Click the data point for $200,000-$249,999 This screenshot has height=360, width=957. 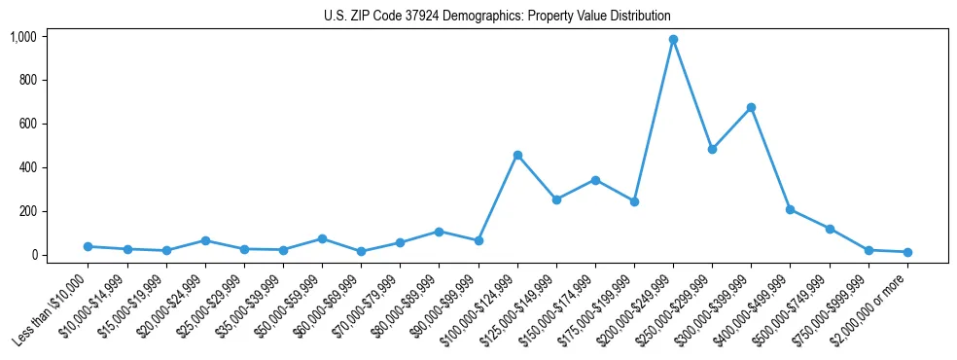673,40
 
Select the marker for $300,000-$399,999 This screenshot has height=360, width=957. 751,108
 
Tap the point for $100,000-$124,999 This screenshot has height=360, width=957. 517,155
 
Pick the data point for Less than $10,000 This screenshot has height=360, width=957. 89,247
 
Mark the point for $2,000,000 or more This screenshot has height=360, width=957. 907,252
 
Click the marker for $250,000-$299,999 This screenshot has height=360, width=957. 712,150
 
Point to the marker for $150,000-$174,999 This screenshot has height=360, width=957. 595,180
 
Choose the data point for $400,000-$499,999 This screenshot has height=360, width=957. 790,209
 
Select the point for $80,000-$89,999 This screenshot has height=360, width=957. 439,232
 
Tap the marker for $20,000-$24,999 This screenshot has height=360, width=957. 205,240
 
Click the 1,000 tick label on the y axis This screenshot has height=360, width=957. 23,37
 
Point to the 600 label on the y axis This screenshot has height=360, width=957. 27,124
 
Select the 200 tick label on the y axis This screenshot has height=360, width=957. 27,211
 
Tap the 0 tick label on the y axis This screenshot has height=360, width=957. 33,255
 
